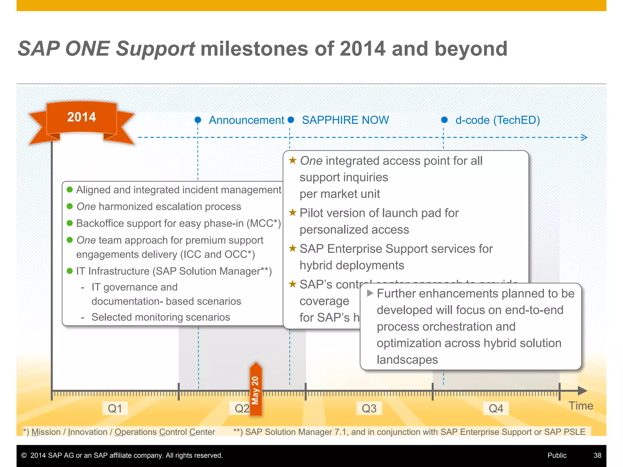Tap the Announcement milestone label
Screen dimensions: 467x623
tap(246, 120)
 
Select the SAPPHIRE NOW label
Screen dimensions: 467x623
tap(345, 120)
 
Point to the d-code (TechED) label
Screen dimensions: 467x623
tap(497, 120)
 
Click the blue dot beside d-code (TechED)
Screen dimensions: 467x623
tap(444, 120)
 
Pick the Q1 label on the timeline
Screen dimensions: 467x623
tap(115, 408)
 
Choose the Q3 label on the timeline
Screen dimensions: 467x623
tap(369, 408)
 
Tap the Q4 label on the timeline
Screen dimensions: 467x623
tap(496, 408)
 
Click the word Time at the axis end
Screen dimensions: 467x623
tap(581, 406)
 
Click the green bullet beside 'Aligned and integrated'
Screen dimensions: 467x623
tap(70, 190)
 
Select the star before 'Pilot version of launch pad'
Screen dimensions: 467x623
tap(293, 213)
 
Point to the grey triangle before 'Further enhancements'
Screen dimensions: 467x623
tap(370, 293)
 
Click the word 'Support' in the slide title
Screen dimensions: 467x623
tap(155, 49)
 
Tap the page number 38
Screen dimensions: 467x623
tap(597, 455)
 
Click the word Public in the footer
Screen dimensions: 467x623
tap(557, 455)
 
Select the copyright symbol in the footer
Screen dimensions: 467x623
tap(24, 455)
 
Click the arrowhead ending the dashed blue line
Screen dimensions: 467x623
tap(584, 137)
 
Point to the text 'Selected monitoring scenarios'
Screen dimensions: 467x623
tap(161, 317)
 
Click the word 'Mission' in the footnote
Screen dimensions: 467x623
tap(46, 432)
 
